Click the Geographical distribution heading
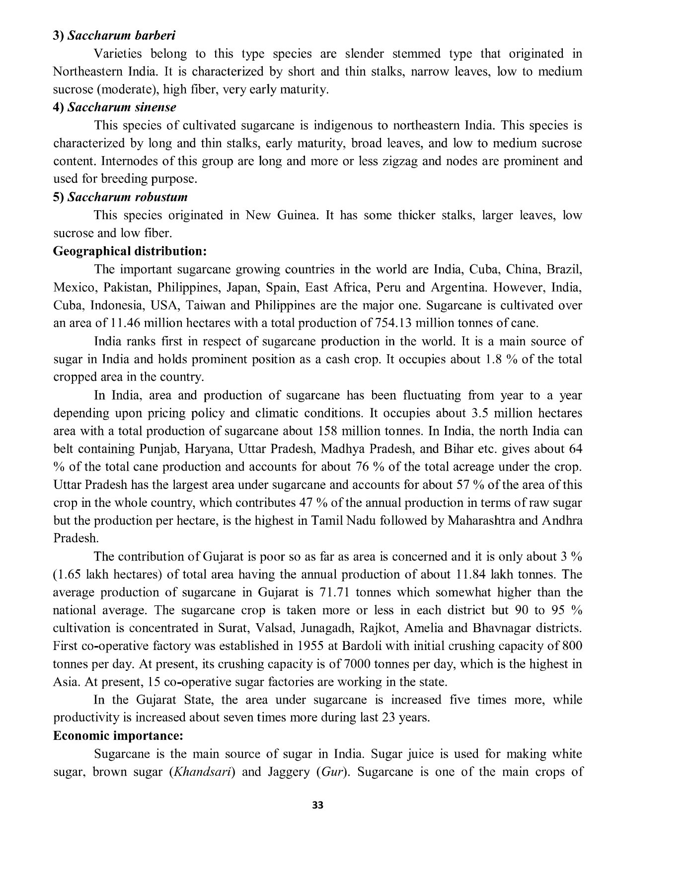pyautogui.click(x=130, y=251)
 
